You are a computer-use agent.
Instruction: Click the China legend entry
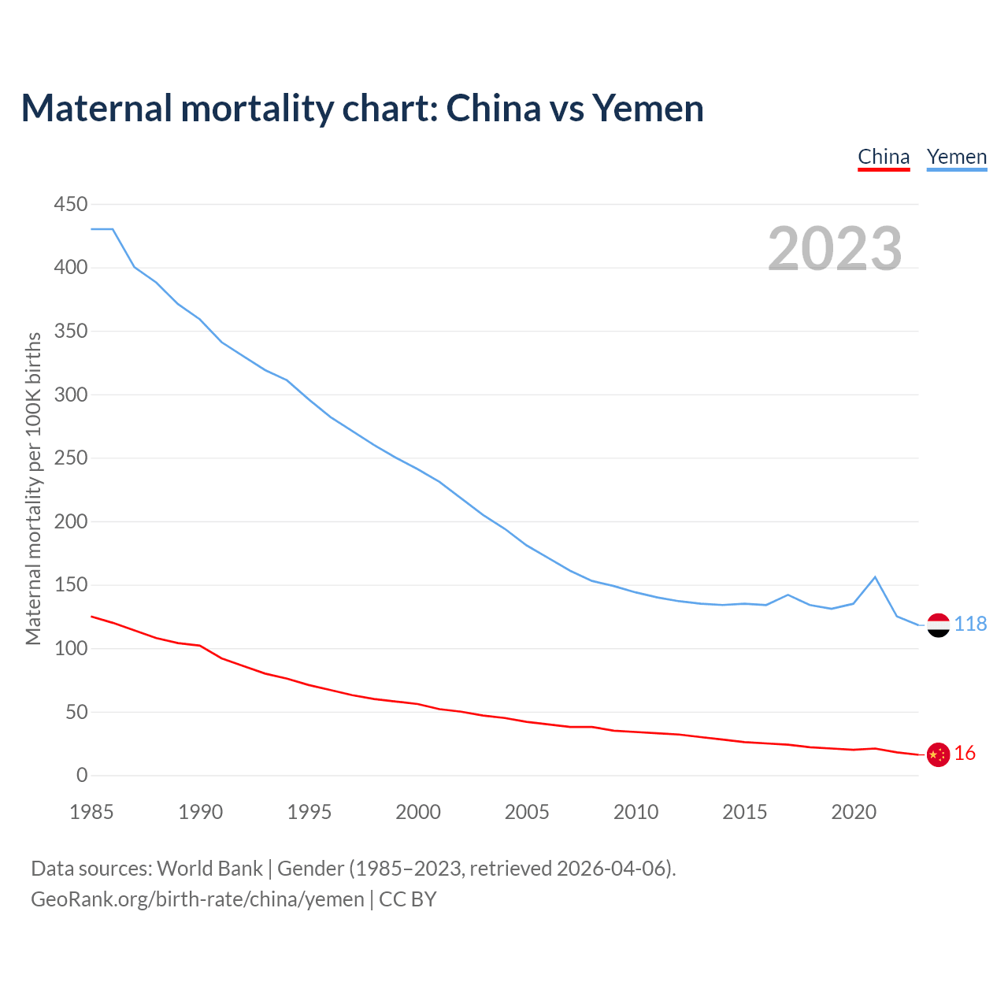pyautogui.click(x=884, y=157)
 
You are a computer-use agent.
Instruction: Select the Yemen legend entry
pyautogui.click(x=956, y=157)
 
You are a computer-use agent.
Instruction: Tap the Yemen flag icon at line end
pyautogui.click(x=938, y=624)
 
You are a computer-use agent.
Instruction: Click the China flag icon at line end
pyautogui.click(x=938, y=754)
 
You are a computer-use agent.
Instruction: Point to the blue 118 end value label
pyautogui.click(x=970, y=624)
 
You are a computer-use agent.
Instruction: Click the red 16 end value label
pyautogui.click(x=965, y=754)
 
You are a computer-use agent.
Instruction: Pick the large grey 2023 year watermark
pyautogui.click(x=835, y=249)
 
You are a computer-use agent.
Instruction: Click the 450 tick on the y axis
pyautogui.click(x=71, y=205)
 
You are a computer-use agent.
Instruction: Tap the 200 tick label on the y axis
pyautogui.click(x=71, y=522)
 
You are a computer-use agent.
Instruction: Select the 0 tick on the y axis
pyautogui.click(x=82, y=776)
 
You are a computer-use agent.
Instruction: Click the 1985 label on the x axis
pyautogui.click(x=91, y=812)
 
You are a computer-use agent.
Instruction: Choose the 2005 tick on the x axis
pyautogui.click(x=527, y=812)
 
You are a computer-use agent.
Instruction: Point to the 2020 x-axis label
pyautogui.click(x=854, y=812)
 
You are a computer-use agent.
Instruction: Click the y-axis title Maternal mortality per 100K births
pyautogui.click(x=33, y=488)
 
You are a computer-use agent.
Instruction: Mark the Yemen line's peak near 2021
pyautogui.click(x=875, y=577)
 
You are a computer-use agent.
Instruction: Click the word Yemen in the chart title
pyautogui.click(x=647, y=108)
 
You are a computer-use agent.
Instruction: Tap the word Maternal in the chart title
pyautogui.click(x=96, y=108)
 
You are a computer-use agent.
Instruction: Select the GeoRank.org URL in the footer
pyautogui.click(x=197, y=899)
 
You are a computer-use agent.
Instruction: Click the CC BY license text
pyautogui.click(x=408, y=899)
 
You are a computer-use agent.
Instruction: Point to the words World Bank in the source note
pyautogui.click(x=209, y=869)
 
